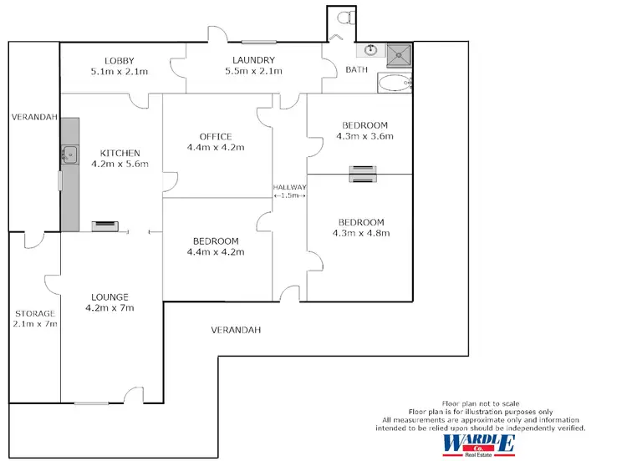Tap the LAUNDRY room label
(x=254, y=60)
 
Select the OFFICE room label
(x=216, y=136)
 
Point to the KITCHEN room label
(x=120, y=153)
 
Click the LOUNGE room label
(x=110, y=296)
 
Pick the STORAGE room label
(x=34, y=314)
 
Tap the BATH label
(x=357, y=70)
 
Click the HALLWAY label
(x=290, y=187)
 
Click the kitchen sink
(x=69, y=154)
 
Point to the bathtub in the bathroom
(x=395, y=83)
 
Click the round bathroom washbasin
(x=372, y=52)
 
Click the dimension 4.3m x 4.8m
(x=361, y=233)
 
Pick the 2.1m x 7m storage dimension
(x=34, y=324)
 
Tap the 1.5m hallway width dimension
(x=290, y=195)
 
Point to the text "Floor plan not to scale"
(x=480, y=404)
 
